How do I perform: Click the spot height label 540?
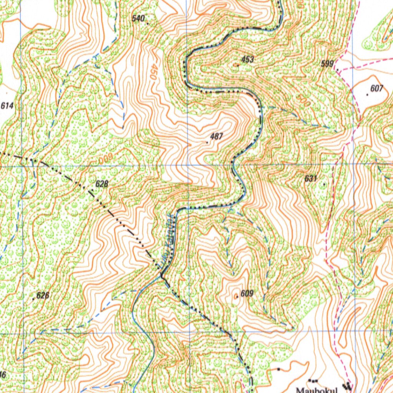coord(138,18)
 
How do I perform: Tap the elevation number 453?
coord(248,59)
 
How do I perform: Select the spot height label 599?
coord(327,64)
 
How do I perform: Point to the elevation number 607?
coord(376,89)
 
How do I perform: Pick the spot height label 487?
coord(216,136)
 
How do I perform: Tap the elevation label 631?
coord(310,178)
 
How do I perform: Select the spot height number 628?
coord(102,184)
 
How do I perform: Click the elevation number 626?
coord(43,296)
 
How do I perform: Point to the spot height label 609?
coord(247,294)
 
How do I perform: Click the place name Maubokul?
coord(317,390)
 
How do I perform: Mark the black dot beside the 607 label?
coord(368,94)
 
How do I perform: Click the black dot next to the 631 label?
coord(324,184)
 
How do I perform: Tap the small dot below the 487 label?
coord(208,142)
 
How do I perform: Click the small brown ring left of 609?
coord(237,296)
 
